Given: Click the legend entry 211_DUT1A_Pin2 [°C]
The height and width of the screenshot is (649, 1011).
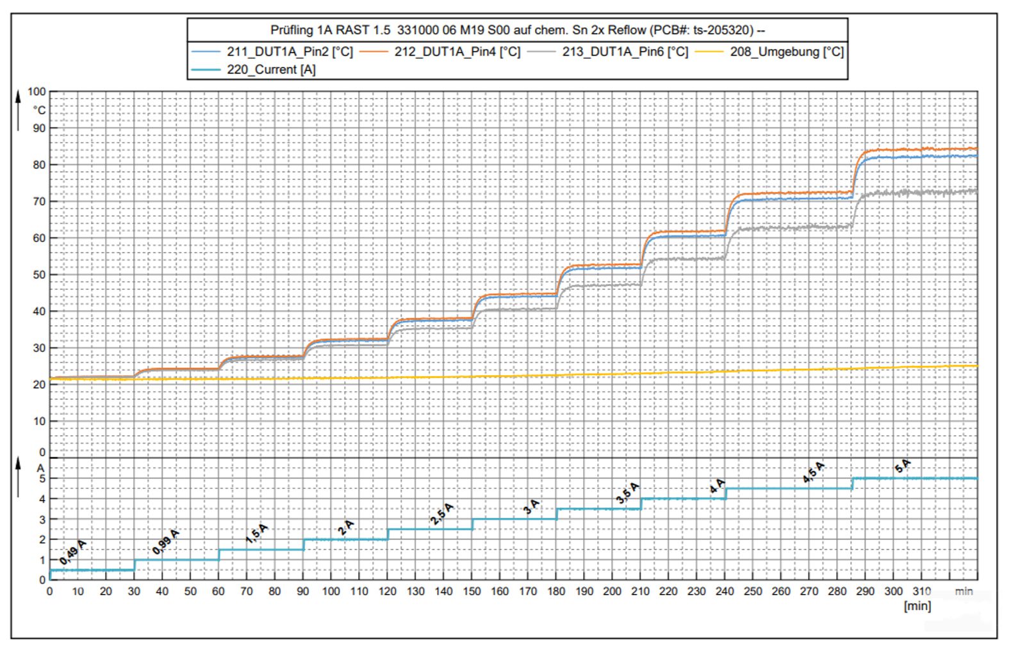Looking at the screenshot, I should (x=290, y=52).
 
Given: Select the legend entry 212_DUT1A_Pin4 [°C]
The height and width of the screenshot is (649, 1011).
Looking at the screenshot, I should (x=457, y=52).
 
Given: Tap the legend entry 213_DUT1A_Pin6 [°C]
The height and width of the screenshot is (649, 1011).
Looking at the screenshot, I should (x=625, y=52).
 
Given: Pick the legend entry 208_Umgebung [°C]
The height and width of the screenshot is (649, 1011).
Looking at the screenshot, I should (x=787, y=52).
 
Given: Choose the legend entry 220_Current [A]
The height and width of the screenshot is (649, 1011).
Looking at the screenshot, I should (x=271, y=70).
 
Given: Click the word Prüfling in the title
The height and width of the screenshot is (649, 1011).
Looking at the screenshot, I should (x=292, y=30).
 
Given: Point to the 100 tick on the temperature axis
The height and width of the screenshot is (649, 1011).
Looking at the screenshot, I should (x=37, y=92).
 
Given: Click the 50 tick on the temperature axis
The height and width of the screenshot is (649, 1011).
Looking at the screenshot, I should (x=39, y=275).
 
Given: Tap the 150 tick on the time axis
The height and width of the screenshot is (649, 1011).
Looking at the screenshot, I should (x=472, y=591).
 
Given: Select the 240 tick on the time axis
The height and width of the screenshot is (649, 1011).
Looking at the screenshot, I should (x=725, y=591).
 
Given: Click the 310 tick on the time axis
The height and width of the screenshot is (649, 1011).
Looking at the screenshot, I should (x=921, y=591).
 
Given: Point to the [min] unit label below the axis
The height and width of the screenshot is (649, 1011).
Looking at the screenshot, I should (x=917, y=605).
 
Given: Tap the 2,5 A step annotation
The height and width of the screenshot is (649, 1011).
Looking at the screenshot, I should (x=441, y=514).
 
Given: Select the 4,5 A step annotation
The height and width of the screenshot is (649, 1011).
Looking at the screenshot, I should (x=814, y=472).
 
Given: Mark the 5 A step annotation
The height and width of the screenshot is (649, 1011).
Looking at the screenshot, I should (x=902, y=466).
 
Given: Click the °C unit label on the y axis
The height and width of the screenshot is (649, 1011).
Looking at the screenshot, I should (x=39, y=110).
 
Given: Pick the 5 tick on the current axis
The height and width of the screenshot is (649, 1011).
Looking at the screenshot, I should (x=42, y=479).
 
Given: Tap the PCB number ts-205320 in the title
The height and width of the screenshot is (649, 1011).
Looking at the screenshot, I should (x=723, y=30).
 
